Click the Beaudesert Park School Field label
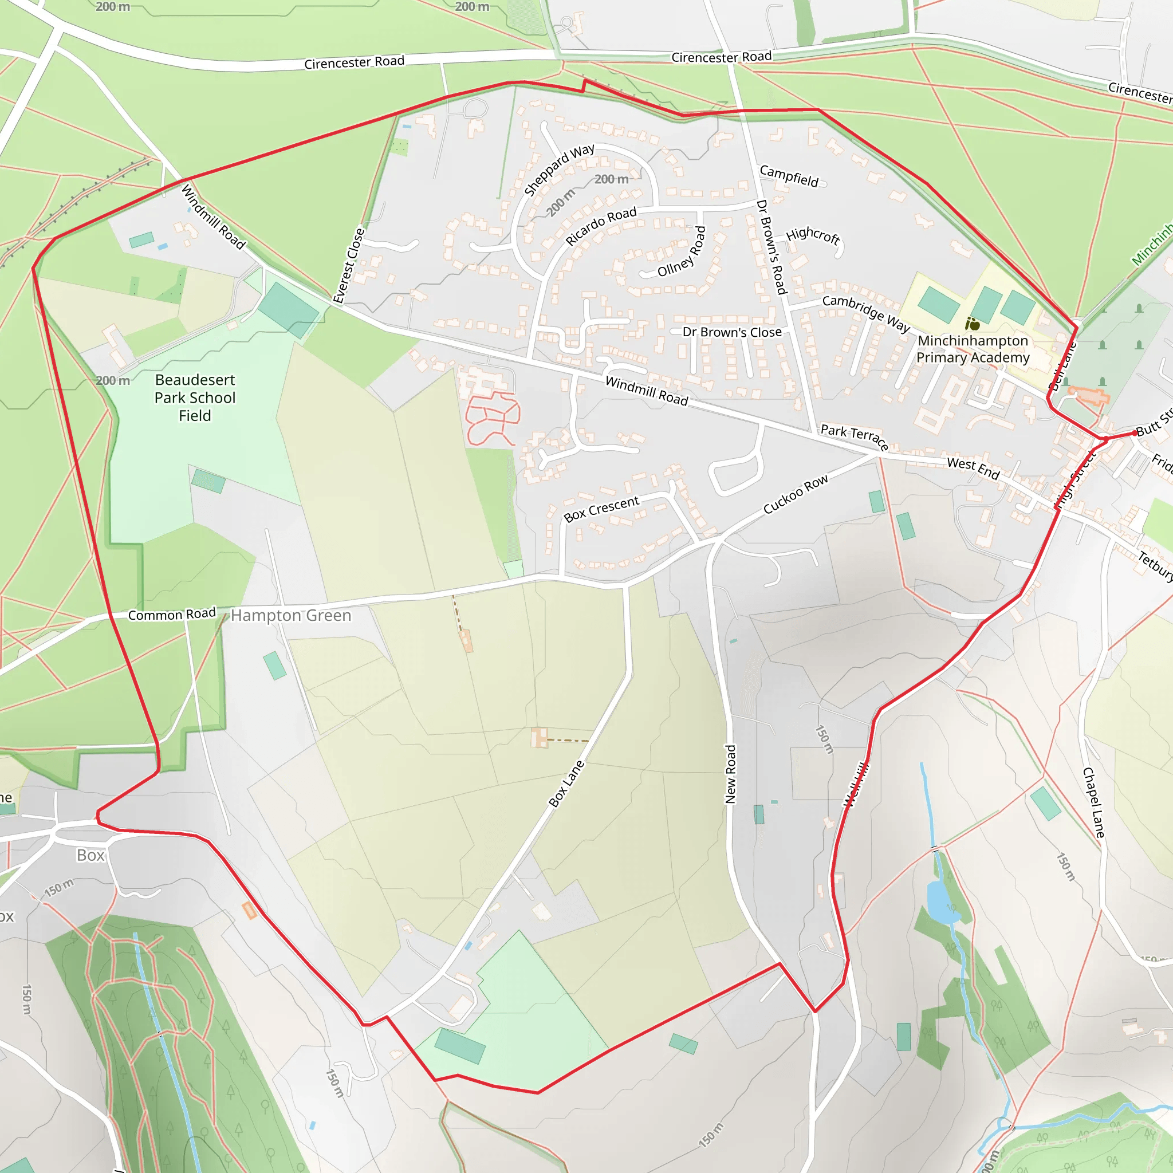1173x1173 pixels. coord(195,397)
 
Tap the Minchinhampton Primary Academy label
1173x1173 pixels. coord(973,349)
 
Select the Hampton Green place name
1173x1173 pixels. coord(291,616)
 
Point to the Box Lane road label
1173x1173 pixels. coord(566,784)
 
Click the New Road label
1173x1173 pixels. coord(730,774)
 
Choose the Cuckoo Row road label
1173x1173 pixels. coord(796,494)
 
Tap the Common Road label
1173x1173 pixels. coord(172,615)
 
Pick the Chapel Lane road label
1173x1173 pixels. coord(1094,802)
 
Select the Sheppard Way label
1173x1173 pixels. coord(558,170)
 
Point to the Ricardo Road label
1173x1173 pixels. coord(601,226)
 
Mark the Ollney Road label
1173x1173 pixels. coord(682,252)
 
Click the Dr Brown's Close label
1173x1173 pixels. coord(732,332)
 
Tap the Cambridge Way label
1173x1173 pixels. coord(866,314)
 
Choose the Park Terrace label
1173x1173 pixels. coord(854,436)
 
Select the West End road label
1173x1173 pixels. coord(973,468)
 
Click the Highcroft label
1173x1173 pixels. coord(813,235)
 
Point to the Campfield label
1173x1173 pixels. coord(789,176)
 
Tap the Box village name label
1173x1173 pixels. coord(90,856)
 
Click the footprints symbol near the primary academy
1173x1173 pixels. coord(972,324)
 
